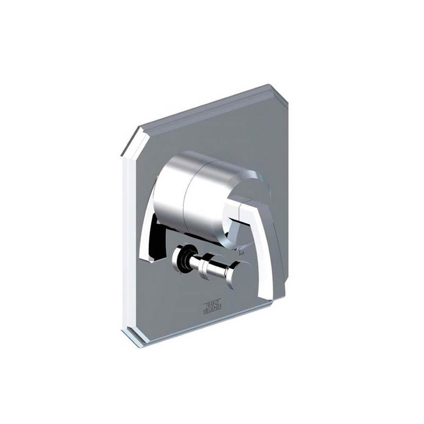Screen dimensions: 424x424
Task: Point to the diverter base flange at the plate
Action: (178, 257)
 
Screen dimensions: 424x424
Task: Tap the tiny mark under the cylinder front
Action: (242, 252)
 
